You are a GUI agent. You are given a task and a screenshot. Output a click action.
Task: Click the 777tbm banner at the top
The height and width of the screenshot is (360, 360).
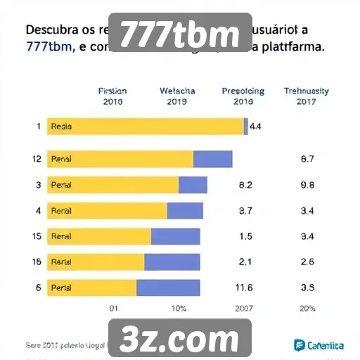[180, 32]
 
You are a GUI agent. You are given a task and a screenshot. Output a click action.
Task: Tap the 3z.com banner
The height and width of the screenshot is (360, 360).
[180, 339]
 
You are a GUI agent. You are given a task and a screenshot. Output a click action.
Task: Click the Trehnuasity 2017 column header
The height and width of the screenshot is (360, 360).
[306, 96]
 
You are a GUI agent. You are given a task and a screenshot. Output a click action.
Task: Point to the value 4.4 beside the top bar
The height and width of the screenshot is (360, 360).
[256, 127]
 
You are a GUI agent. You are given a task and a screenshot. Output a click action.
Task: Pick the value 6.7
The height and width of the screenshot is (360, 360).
[307, 160]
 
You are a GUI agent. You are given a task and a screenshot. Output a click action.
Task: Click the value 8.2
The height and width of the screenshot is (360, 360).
[245, 186]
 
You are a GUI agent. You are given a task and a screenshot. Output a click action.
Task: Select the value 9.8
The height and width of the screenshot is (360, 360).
[307, 186]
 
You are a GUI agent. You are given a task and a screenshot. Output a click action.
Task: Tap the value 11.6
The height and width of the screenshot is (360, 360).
[245, 288]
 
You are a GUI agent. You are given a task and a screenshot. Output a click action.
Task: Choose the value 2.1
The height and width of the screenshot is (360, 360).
[245, 262]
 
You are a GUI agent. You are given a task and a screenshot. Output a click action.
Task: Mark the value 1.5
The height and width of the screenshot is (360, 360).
[245, 237]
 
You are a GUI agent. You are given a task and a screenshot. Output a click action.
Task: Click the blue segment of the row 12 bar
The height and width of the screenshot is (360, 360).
[212, 160]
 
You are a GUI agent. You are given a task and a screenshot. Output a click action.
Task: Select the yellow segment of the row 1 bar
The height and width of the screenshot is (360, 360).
[145, 127]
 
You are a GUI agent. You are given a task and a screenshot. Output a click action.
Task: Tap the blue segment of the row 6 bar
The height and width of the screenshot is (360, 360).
[168, 288]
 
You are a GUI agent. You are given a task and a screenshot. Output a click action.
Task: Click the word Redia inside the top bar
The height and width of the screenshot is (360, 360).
[62, 128]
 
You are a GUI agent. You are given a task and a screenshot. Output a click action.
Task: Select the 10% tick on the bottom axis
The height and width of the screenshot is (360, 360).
[179, 309]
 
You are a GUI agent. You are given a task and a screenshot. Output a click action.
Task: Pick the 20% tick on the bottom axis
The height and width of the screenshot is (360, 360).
[307, 309]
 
